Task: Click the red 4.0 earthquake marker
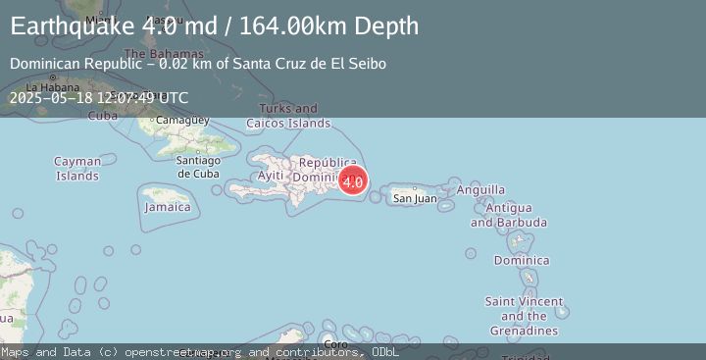353,180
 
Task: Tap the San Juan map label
415,198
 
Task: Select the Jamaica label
168,207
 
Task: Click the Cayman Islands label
77,169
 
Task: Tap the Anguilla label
481,189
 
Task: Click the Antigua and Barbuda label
507,215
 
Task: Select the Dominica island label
522,260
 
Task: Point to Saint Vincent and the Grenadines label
524,316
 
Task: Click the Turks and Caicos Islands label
295,116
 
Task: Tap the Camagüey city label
183,120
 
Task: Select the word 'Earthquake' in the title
72,26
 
